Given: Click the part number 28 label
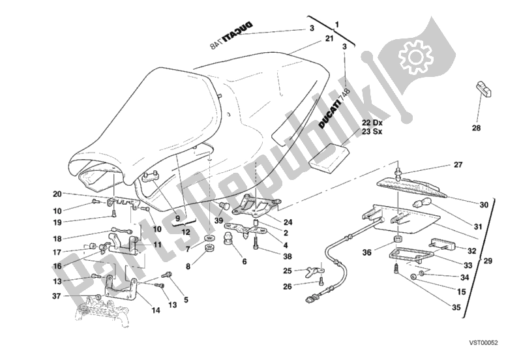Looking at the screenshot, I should [476, 128].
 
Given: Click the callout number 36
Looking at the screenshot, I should [366, 252].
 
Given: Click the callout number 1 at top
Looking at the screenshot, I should [337, 25].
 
